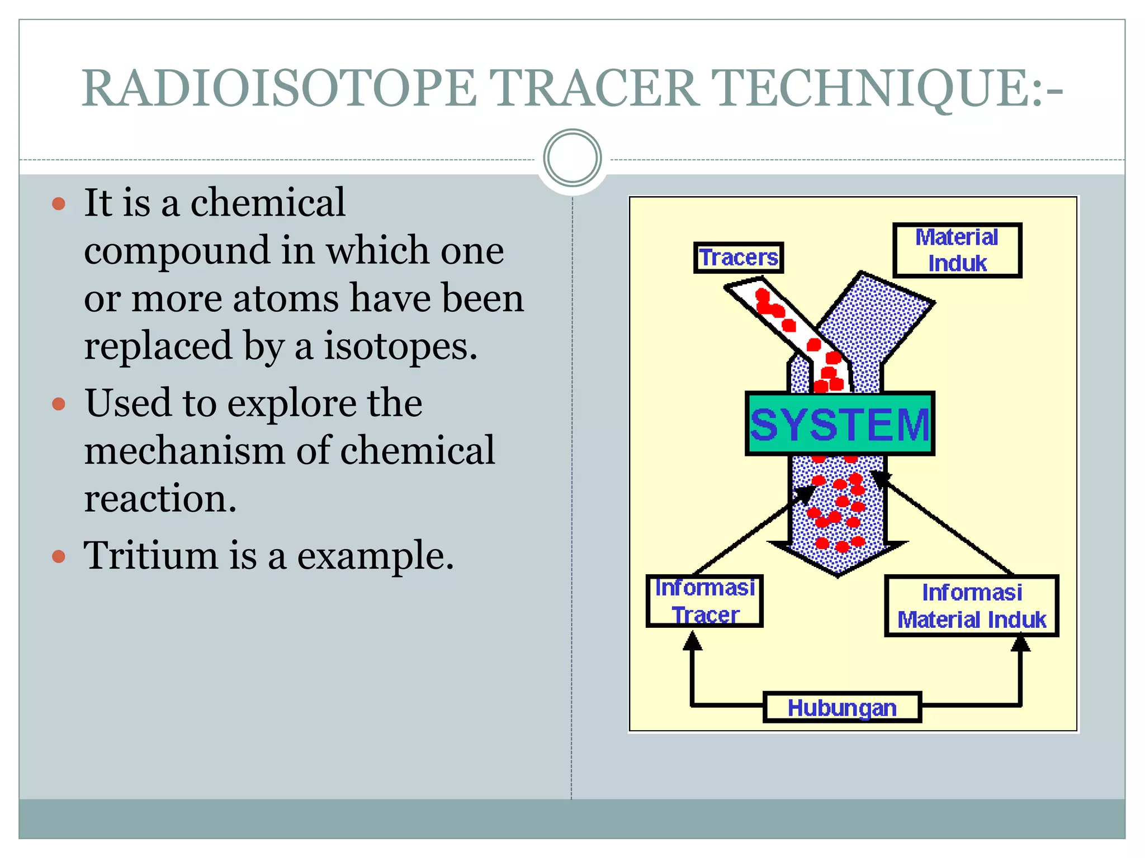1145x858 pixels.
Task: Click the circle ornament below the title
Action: click(572, 158)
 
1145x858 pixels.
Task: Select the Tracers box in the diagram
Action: click(738, 258)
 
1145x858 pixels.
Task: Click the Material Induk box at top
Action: click(957, 250)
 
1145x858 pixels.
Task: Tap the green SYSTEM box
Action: click(839, 424)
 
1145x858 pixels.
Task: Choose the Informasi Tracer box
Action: click(704, 601)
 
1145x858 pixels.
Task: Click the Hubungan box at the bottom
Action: click(841, 708)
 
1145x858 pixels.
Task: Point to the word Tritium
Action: click(150, 556)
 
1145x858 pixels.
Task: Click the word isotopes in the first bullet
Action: click(400, 346)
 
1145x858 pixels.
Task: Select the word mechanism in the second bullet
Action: click(184, 450)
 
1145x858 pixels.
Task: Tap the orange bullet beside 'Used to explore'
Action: click(59, 404)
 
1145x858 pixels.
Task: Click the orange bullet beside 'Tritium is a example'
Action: click(59, 556)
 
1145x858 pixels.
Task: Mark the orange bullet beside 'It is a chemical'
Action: click(59, 203)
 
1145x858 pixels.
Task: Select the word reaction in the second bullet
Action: click(160, 498)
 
